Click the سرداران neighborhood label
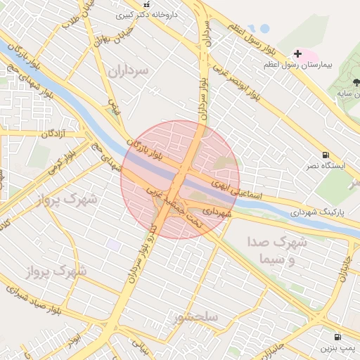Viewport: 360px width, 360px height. click(130, 70)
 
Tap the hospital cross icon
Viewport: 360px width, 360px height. click(297, 54)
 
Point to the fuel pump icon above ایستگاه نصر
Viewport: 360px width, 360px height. click(325, 155)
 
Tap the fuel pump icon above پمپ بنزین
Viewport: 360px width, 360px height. click(338, 337)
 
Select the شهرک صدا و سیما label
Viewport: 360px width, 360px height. click(278, 250)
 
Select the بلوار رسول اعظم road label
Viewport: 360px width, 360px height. click(254, 39)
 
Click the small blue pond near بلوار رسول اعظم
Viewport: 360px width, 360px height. click(264, 29)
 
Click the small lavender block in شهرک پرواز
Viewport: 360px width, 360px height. click(112, 244)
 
